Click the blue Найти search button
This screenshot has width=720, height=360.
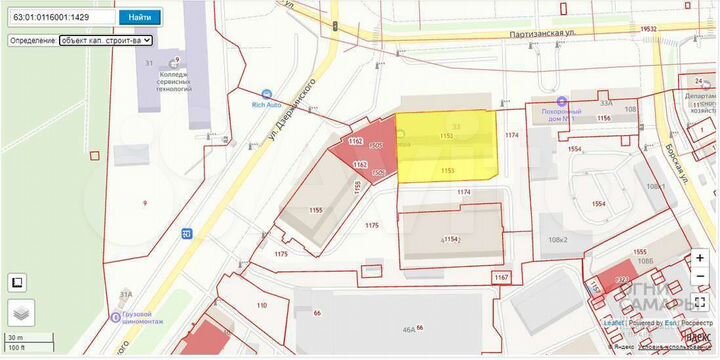point(140,17)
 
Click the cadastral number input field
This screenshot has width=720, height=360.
point(61,17)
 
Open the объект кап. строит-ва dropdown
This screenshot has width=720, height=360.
point(105,40)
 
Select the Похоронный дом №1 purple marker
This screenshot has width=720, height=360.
point(563,101)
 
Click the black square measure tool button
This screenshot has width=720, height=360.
point(17,282)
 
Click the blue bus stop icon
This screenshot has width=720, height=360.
point(186,233)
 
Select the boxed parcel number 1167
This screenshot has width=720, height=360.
point(501,277)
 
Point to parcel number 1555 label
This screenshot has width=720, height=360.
point(641,252)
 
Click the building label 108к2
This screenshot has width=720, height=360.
point(557,240)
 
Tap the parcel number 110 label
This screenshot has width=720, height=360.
point(262,305)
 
